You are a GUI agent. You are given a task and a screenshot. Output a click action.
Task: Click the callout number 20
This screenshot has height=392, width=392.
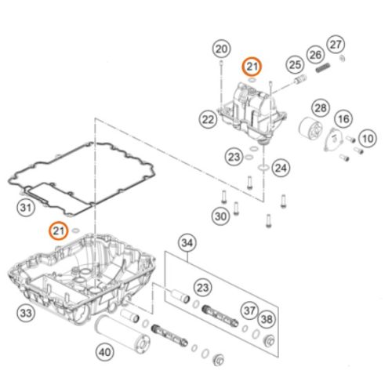[x=222, y=49]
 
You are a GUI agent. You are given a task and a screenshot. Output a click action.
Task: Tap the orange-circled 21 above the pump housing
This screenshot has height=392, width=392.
[x=252, y=67]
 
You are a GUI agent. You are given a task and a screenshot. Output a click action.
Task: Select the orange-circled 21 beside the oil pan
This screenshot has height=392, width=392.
[x=59, y=230]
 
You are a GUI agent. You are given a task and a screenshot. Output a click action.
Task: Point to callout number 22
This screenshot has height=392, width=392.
[x=209, y=120]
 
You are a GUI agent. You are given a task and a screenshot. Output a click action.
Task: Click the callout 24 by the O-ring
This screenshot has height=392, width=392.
[x=281, y=168]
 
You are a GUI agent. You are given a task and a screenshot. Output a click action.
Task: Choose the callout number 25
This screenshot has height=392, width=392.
[x=295, y=65]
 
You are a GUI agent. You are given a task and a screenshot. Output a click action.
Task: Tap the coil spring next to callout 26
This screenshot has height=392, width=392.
[x=323, y=67]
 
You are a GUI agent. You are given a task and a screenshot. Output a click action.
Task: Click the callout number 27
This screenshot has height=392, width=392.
[x=336, y=45]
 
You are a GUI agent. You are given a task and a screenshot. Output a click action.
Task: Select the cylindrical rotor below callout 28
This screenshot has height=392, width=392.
[x=310, y=129]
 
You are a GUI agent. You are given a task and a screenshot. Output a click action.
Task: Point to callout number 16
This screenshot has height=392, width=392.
[x=343, y=119]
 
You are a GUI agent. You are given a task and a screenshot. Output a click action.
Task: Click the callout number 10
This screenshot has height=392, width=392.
[x=368, y=139]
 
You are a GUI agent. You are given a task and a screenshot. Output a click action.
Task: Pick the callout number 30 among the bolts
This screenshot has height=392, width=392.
[x=221, y=216]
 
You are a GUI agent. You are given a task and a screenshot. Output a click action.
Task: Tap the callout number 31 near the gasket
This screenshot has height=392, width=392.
[x=26, y=208]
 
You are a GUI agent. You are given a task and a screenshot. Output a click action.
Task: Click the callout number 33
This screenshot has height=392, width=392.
[x=26, y=313]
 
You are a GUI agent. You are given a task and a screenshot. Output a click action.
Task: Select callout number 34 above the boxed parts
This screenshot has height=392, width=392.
[x=187, y=243]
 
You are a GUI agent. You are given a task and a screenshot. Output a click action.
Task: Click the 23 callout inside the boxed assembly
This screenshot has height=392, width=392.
[x=203, y=288]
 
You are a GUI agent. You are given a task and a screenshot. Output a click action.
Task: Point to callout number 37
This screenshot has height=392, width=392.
[x=249, y=310]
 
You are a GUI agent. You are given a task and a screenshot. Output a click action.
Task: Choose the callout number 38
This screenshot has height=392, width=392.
[x=267, y=319]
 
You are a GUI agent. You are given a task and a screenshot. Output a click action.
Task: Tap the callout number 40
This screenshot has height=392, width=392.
[x=105, y=352]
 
